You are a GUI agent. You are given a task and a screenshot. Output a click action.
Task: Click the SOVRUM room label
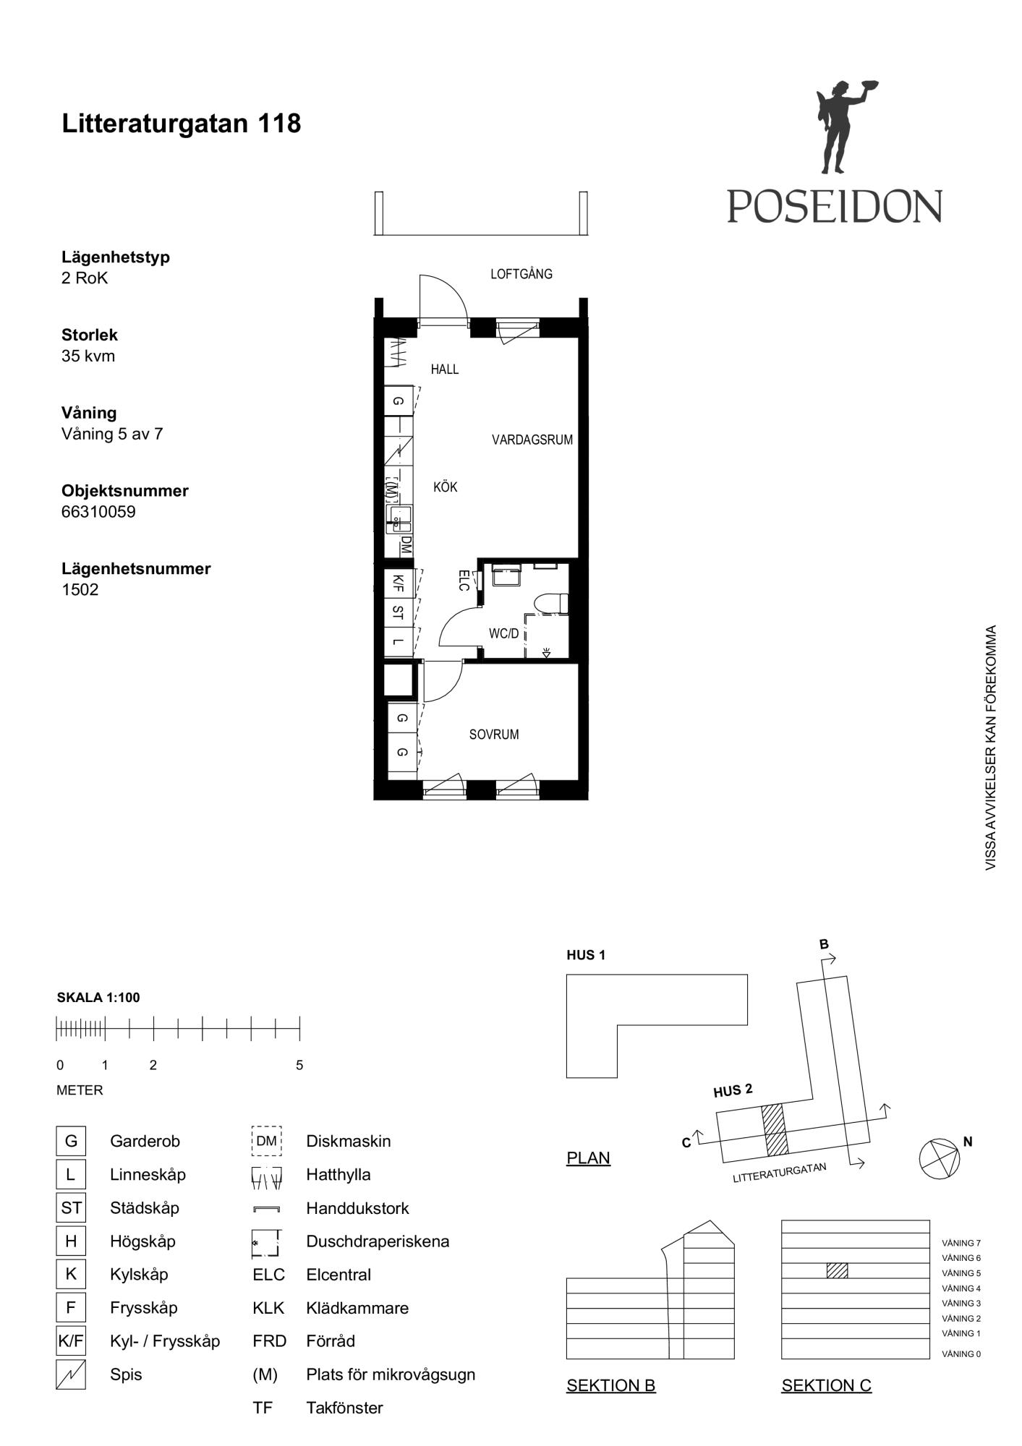494,735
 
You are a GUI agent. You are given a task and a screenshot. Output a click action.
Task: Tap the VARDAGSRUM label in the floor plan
532,440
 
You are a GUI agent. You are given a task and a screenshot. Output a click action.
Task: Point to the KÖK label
446,487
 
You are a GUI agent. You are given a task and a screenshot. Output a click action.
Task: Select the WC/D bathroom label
504,634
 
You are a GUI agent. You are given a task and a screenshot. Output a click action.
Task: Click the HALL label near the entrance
445,369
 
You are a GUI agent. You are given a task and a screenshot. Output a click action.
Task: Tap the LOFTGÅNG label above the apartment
521,274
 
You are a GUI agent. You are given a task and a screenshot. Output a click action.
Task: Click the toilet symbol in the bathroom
551,604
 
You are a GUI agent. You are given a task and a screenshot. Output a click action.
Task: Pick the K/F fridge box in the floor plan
399,582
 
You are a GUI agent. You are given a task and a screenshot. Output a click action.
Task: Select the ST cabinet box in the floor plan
399,612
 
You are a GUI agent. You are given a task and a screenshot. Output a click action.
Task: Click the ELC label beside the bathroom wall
464,580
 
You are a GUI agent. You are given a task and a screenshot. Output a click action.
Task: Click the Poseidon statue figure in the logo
839,127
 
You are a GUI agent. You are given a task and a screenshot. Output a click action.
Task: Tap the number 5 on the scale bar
299,1065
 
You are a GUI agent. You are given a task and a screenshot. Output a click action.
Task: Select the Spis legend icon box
71,1374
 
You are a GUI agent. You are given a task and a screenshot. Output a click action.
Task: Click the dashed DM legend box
266,1141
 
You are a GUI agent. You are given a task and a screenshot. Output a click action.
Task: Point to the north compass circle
940,1159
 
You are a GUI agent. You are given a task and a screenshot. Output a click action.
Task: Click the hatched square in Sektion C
837,1270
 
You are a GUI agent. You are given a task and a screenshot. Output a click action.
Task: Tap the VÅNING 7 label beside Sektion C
961,1243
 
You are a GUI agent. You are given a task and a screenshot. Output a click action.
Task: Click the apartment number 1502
80,589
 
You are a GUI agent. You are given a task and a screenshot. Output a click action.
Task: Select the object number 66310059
98,512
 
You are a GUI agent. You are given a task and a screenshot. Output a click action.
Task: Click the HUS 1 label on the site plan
586,955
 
